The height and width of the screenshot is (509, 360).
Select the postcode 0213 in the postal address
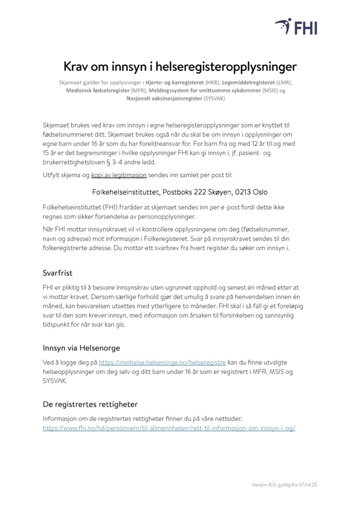(236, 192)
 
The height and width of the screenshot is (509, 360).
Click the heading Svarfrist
(58, 273)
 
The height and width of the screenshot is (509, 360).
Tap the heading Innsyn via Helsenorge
(81, 348)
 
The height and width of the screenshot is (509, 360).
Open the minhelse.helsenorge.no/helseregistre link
(162, 362)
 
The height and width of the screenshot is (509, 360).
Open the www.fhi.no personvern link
(169, 428)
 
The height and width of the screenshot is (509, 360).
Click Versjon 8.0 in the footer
(264, 485)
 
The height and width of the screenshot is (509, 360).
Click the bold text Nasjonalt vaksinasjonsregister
(164, 98)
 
